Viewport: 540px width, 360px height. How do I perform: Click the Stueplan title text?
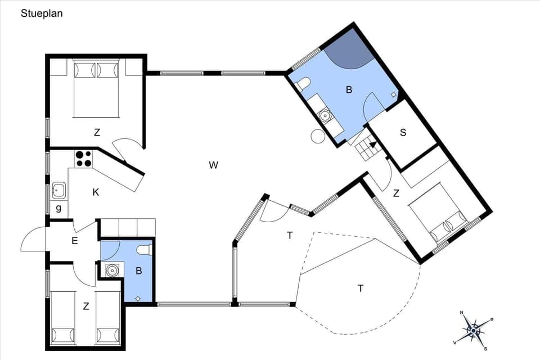(x=42, y=13)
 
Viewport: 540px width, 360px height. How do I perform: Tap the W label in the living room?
(x=213, y=165)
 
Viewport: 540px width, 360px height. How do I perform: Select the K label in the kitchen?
(x=96, y=192)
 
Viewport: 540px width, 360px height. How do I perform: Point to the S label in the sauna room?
(x=403, y=133)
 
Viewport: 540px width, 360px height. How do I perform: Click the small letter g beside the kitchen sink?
(x=58, y=209)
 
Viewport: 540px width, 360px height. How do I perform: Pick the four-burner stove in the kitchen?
(x=84, y=159)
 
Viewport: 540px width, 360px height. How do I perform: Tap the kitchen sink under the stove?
(x=58, y=191)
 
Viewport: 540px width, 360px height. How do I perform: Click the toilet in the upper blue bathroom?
(x=303, y=84)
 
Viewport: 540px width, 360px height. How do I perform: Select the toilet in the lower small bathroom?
(x=144, y=250)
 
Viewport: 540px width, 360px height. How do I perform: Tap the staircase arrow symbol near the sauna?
(x=372, y=145)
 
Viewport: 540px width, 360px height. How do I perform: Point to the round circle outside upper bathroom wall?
(x=318, y=136)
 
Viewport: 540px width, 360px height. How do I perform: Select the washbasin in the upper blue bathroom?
(x=325, y=116)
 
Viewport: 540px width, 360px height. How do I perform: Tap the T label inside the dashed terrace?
(x=360, y=288)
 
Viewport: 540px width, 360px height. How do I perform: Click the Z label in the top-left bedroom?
(x=97, y=133)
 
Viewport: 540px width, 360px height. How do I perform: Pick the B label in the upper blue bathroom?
(x=349, y=89)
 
